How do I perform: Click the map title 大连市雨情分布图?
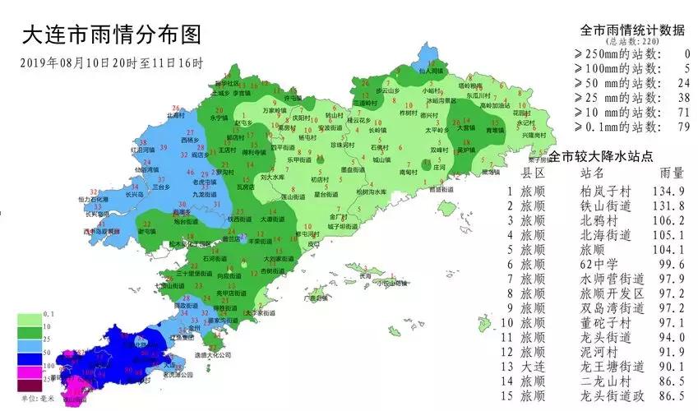point(110,35)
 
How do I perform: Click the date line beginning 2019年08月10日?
point(110,62)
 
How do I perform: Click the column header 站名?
point(592,173)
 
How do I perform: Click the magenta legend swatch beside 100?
point(30,370)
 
